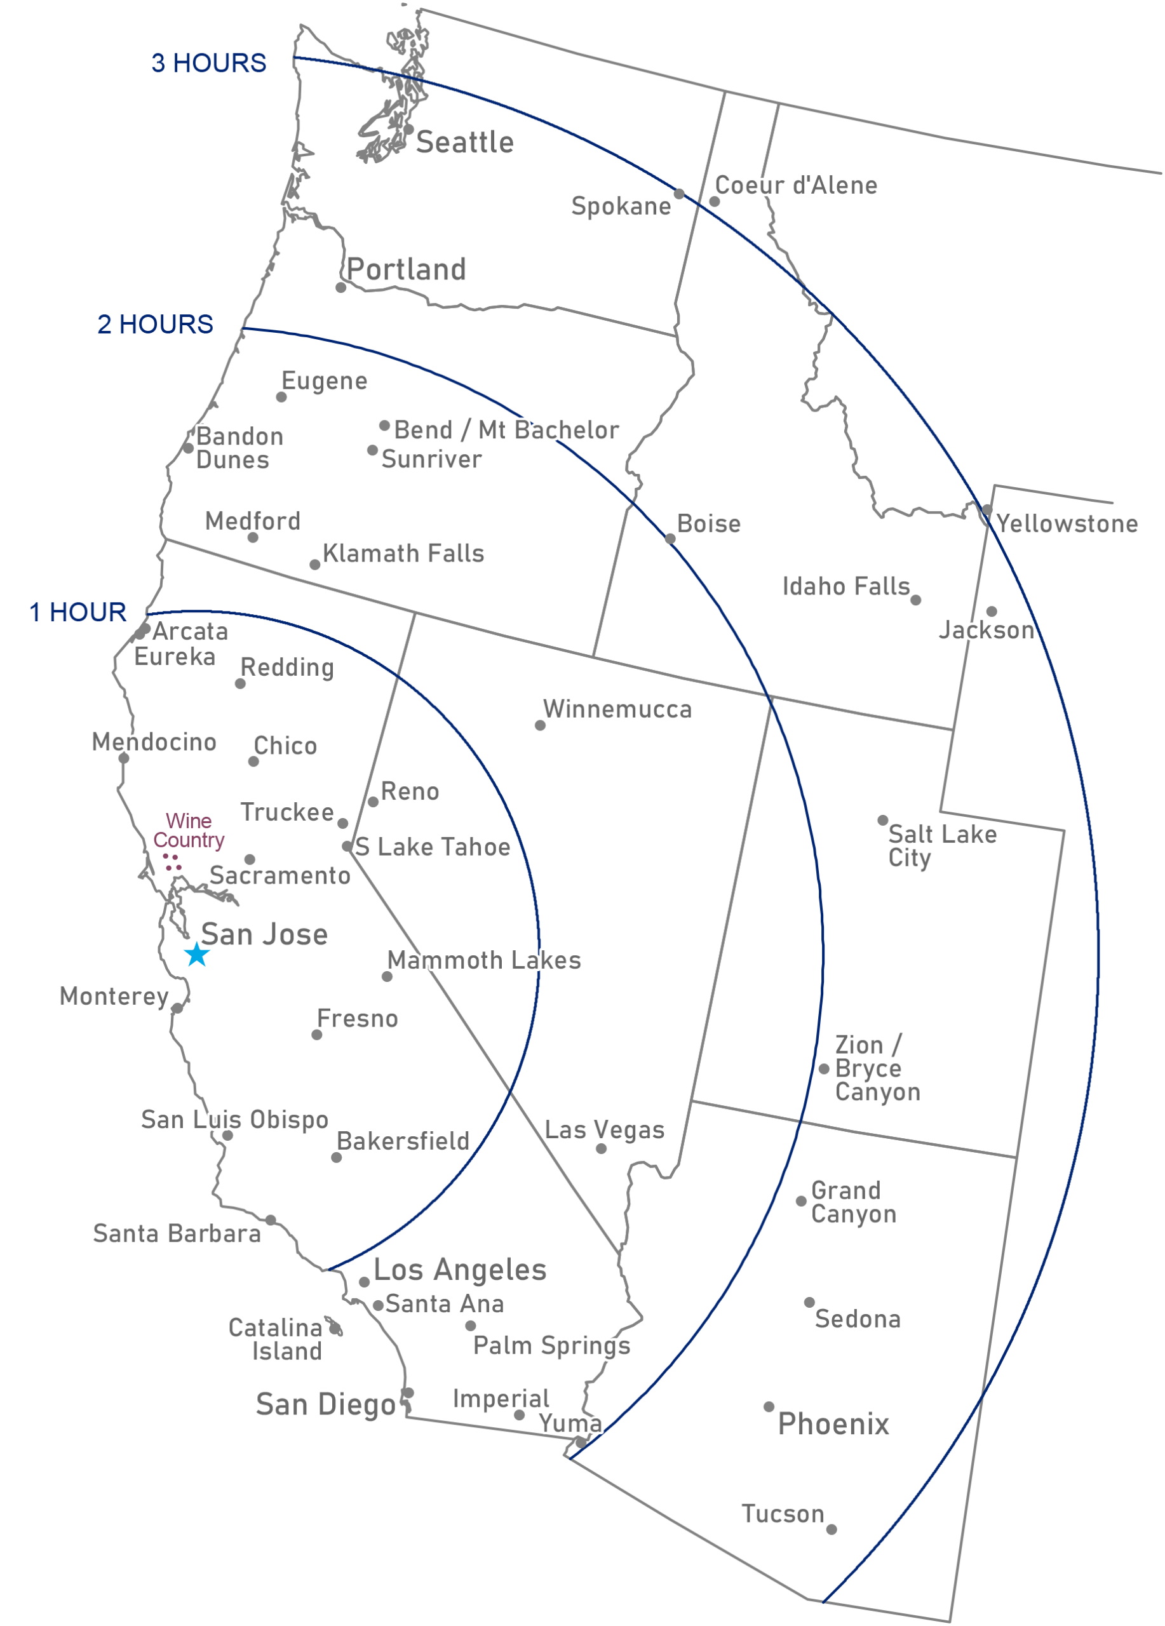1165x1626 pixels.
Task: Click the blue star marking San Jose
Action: [196, 955]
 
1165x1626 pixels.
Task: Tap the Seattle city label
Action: [464, 143]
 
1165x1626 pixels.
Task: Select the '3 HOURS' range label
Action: [208, 63]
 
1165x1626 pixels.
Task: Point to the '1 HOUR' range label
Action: [77, 612]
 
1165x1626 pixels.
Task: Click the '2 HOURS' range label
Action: [155, 324]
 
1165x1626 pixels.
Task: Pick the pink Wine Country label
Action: [189, 830]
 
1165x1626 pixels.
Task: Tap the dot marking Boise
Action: [670, 539]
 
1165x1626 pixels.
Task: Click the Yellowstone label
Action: [1067, 523]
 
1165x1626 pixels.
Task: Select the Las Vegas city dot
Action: [602, 1148]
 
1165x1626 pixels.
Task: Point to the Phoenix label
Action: [833, 1423]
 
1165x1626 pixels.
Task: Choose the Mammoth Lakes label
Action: [485, 960]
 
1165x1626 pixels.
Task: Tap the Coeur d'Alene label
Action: [796, 185]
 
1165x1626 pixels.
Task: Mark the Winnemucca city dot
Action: [540, 725]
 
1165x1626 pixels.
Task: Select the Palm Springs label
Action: [552, 1346]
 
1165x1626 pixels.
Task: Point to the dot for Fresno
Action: [317, 1035]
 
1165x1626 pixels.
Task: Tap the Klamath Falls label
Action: [403, 553]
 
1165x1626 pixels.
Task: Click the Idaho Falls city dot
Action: [915, 600]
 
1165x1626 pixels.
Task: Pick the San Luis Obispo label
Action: [234, 1119]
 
